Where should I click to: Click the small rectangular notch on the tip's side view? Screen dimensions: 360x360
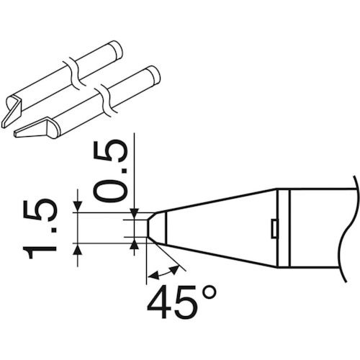(x=274, y=228)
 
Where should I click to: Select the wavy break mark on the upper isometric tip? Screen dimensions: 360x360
(x=71, y=70)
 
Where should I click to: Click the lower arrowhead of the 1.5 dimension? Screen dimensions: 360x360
(x=76, y=250)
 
